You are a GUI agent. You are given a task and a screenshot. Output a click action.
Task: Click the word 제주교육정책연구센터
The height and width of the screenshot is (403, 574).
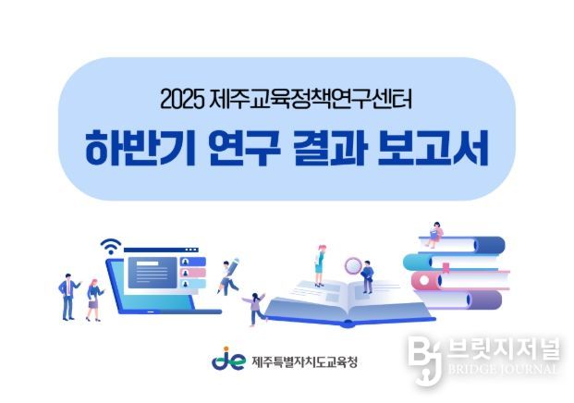[308, 97]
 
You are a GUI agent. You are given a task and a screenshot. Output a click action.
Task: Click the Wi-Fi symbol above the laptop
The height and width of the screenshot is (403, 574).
[111, 246]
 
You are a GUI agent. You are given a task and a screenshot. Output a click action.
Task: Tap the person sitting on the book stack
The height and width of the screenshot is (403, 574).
[434, 231]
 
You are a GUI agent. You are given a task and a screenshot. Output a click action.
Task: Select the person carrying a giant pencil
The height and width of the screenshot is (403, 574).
[226, 274]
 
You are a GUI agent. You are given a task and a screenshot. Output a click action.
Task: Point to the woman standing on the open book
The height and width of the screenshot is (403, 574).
[320, 264]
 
